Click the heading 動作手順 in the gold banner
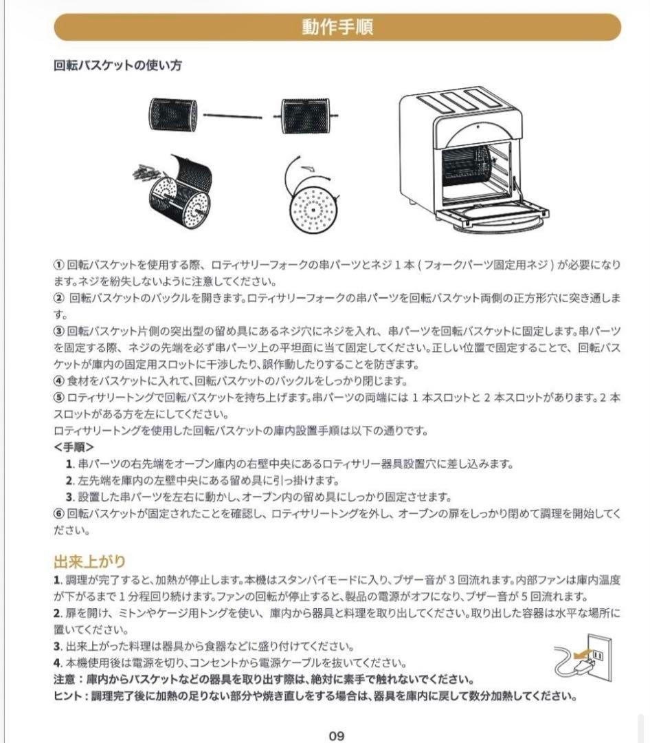[337, 27]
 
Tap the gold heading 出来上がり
[89, 561]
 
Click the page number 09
[336, 735]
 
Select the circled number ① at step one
[59, 265]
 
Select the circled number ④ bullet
[59, 380]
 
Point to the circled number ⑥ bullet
[59, 513]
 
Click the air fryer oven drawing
[474, 158]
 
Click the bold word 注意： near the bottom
[69, 678]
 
